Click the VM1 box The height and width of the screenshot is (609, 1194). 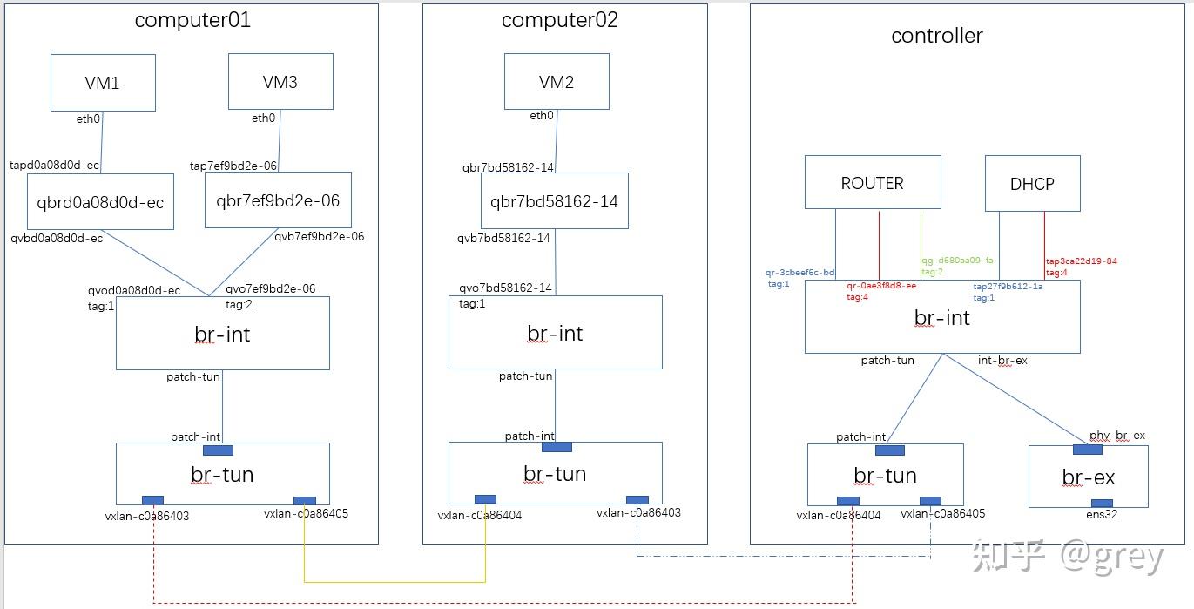[x=103, y=83]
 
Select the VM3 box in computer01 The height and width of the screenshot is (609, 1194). [x=280, y=82]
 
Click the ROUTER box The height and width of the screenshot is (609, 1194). [x=872, y=182]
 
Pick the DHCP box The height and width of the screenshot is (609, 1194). [x=1032, y=183]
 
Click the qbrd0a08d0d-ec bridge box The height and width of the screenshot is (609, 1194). [x=100, y=201]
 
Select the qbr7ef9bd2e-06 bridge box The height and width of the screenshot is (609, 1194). [x=278, y=200]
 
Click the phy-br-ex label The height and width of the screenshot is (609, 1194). [x=1116, y=436]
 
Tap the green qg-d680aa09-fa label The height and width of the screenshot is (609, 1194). [x=957, y=260]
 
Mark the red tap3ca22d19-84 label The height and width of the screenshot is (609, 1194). [x=1081, y=260]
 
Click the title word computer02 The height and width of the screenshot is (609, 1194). [x=559, y=20]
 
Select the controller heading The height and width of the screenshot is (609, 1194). [x=936, y=36]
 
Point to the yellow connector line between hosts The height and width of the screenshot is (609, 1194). [x=394, y=581]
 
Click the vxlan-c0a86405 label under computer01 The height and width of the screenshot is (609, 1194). [x=306, y=514]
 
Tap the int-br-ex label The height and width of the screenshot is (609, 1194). [x=1002, y=360]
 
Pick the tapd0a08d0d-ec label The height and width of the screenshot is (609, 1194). [x=54, y=165]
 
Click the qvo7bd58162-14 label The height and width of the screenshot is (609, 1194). [x=505, y=288]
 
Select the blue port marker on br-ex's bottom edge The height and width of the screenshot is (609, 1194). [x=1102, y=503]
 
